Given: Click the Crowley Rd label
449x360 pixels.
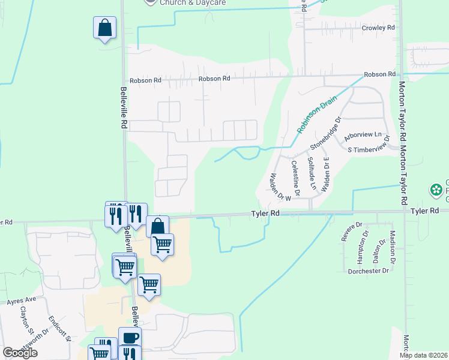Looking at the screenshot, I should (378, 28).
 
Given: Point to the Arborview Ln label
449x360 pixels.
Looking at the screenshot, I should (363, 136).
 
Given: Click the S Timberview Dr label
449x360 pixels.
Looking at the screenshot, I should (373, 149).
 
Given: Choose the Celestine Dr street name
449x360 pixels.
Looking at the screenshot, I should (295, 174).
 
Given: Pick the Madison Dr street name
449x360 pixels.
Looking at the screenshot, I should (393, 247).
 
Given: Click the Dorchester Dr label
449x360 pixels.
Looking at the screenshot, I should (369, 271).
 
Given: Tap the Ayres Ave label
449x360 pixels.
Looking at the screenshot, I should (22, 299).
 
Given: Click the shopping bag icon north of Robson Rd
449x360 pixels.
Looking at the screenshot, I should (104, 28).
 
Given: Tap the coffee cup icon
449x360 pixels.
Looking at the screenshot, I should (130, 337).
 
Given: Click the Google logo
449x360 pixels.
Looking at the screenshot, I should (20, 353).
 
